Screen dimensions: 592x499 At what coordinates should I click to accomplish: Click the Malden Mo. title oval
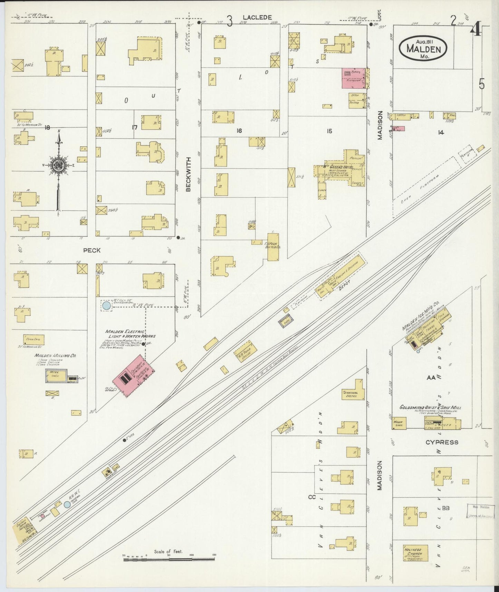click(423, 48)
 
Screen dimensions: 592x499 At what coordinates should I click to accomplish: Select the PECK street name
click(92, 250)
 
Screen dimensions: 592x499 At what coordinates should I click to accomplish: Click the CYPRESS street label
click(442, 442)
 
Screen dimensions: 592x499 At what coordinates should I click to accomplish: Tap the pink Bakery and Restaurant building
click(354, 78)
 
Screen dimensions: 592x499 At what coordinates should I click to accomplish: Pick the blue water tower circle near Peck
click(106, 305)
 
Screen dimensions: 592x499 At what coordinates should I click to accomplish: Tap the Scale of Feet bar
click(169, 558)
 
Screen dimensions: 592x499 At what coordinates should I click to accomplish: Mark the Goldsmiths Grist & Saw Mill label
click(430, 408)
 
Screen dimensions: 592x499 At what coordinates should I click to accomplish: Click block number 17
click(134, 128)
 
